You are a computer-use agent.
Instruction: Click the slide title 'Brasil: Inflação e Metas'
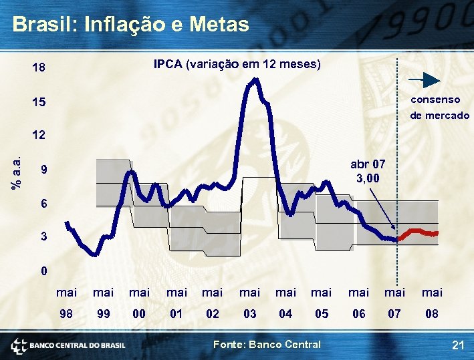point(130,25)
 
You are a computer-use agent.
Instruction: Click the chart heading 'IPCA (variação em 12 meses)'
point(237,65)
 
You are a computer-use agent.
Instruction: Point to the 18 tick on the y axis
point(39,68)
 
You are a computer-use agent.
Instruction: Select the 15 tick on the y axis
point(39,103)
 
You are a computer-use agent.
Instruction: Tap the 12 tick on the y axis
point(39,135)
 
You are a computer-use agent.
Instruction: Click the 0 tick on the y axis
point(43,271)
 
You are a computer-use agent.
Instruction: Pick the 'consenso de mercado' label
point(439,108)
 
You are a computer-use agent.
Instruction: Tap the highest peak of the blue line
point(255,79)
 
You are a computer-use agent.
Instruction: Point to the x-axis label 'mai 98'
point(66,303)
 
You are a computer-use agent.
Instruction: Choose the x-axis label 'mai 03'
point(249,303)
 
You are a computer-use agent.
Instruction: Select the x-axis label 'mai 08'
point(432,303)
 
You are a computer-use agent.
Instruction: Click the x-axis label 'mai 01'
point(176,303)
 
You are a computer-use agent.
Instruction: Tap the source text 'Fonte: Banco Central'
point(266,345)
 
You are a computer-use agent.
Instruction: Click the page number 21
point(458,345)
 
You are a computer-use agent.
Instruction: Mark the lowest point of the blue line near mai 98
point(96,254)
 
